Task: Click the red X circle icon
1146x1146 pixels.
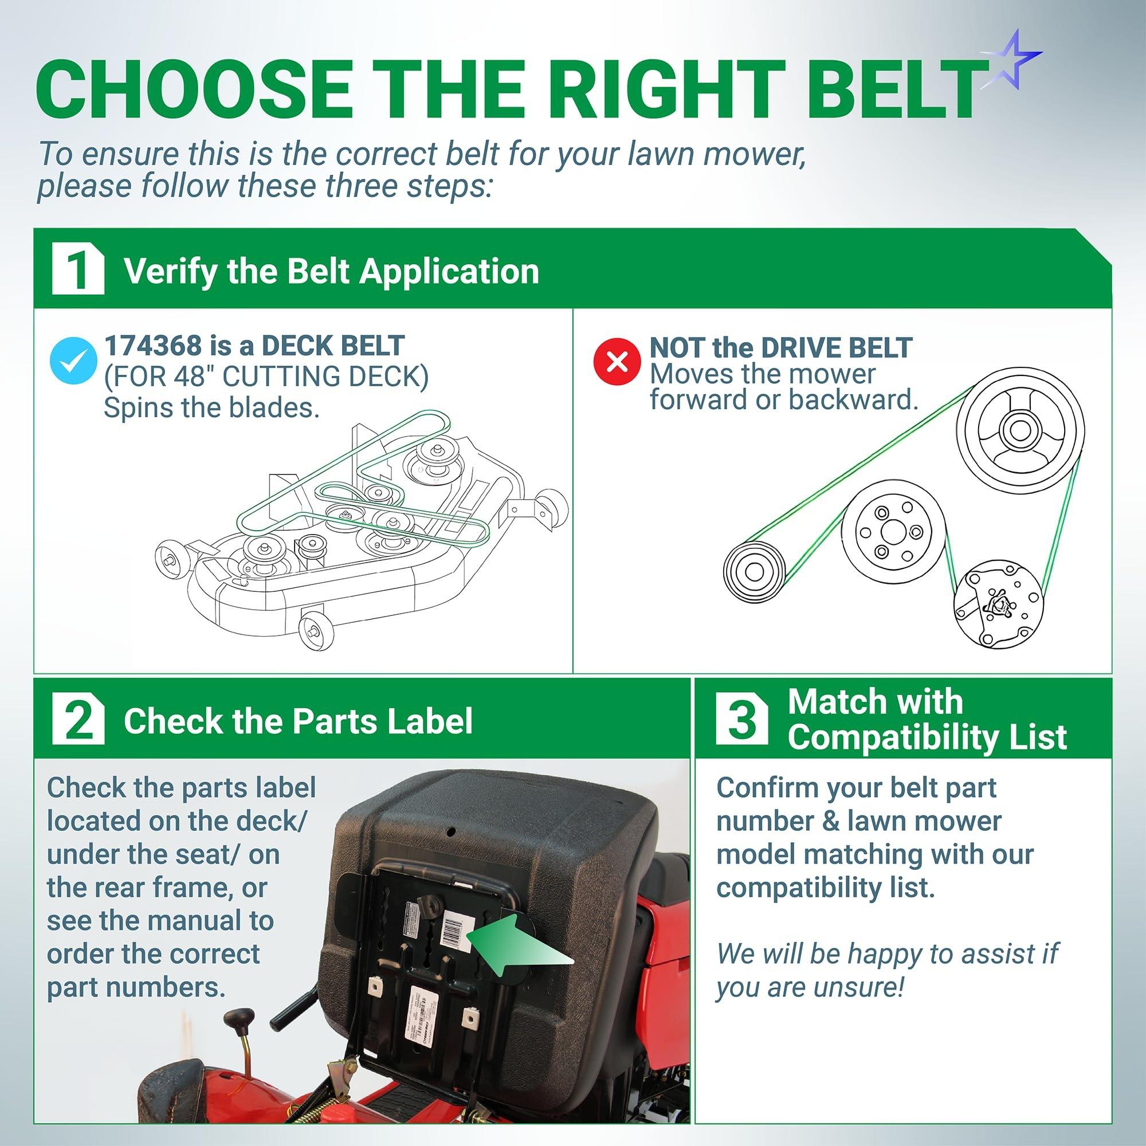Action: (x=618, y=361)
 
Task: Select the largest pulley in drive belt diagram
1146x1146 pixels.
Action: (x=1023, y=431)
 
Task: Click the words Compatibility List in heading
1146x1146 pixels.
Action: (x=927, y=738)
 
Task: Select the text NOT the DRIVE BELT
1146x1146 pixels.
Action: (x=780, y=348)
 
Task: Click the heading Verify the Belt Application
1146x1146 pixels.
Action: (x=331, y=272)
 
